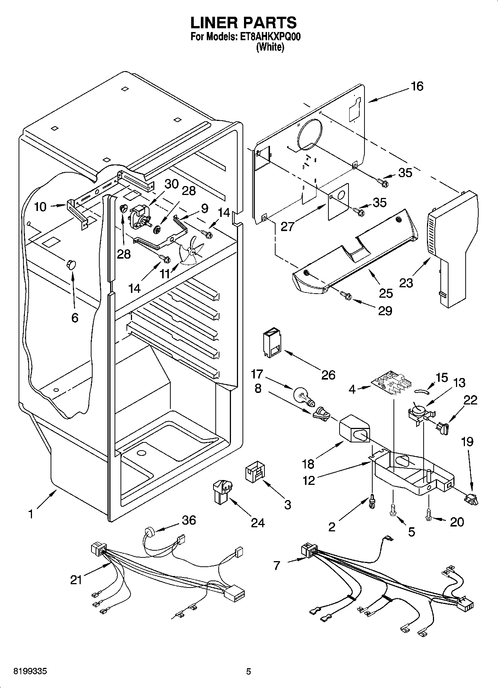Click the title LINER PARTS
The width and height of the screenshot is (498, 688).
(244, 23)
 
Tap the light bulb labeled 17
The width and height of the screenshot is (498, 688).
(303, 396)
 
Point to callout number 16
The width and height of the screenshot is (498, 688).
(417, 86)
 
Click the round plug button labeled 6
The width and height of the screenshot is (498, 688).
(71, 264)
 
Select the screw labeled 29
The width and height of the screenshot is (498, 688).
(346, 296)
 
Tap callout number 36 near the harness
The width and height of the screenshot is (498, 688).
(189, 520)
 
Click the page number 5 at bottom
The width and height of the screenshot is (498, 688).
(248, 672)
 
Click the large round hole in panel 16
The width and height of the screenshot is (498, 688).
(310, 133)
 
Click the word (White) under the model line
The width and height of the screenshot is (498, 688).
(270, 48)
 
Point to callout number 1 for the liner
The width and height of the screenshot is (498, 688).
(31, 515)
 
